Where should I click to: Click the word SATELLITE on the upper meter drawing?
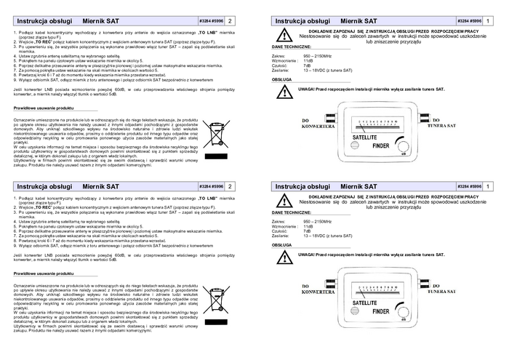(x=364, y=136)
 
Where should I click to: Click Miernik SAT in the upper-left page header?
(x=100, y=21)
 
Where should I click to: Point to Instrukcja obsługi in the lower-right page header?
(x=301, y=187)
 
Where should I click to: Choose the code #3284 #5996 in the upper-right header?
(x=470, y=21)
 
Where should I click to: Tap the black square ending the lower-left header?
(x=231, y=187)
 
